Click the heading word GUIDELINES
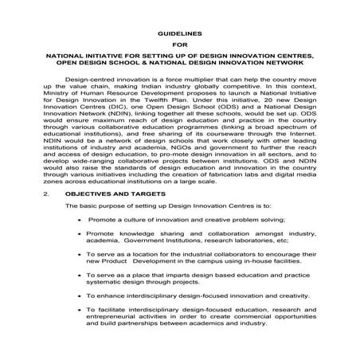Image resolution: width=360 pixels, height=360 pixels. click(x=180, y=33)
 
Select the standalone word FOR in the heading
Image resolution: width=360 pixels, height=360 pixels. click(x=180, y=45)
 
